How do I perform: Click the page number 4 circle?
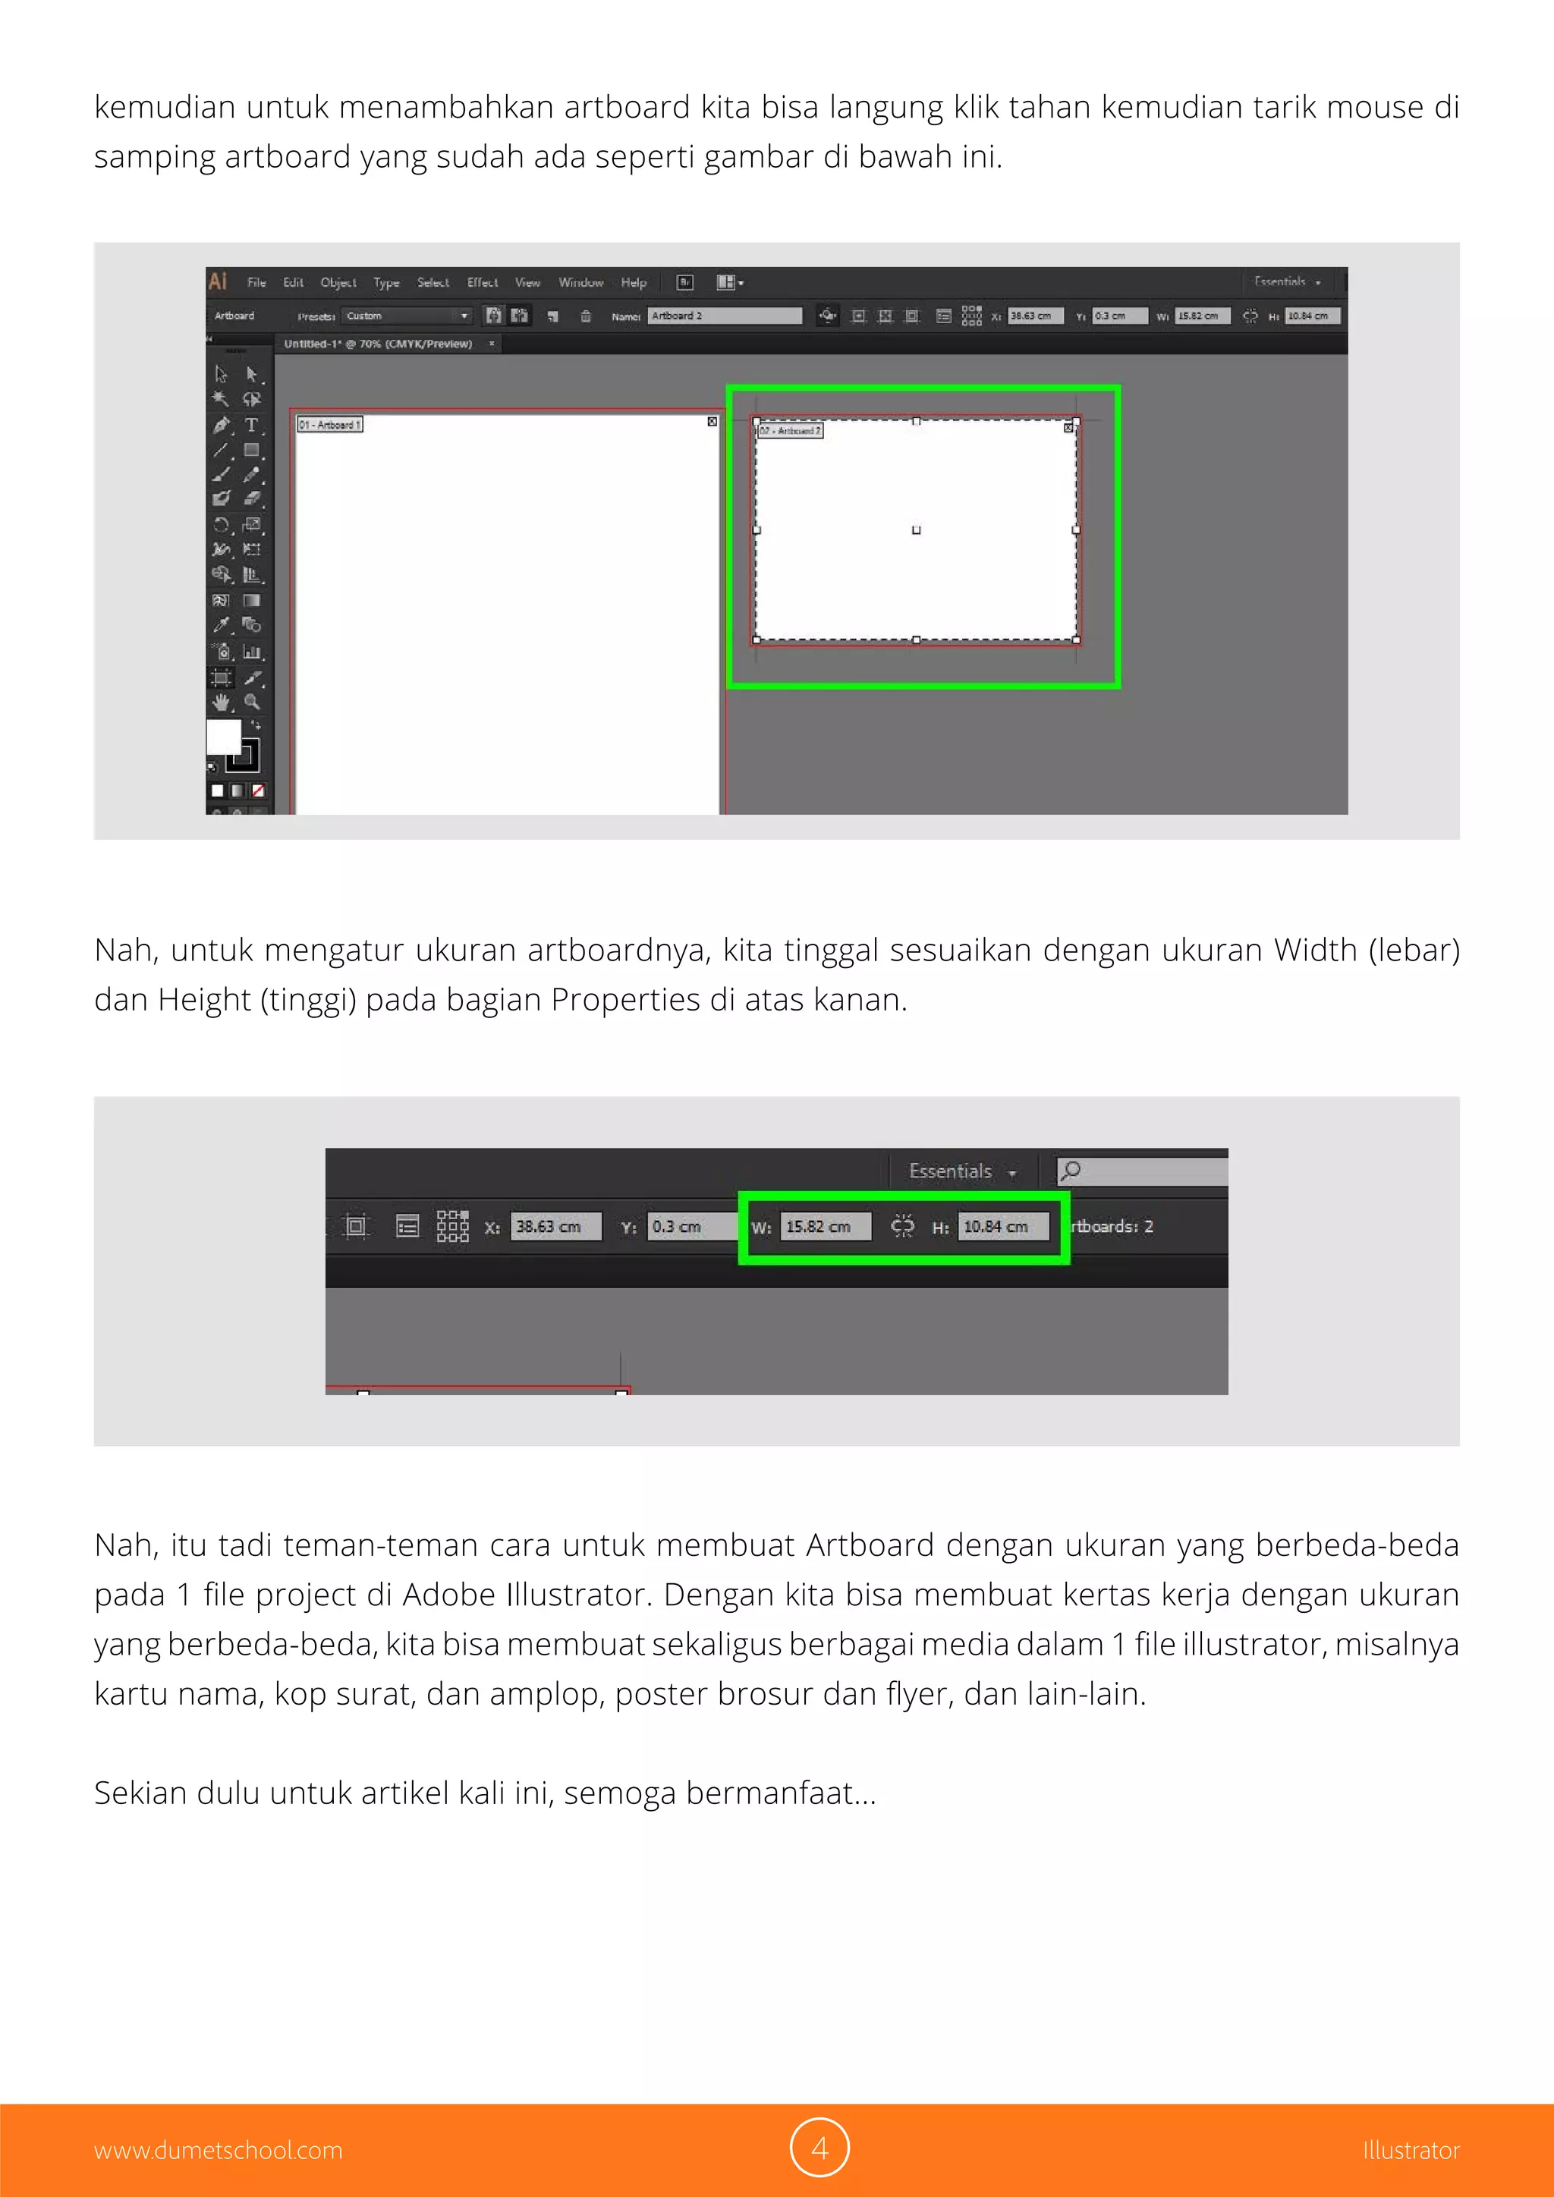tap(819, 2148)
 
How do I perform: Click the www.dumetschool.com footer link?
tap(219, 2150)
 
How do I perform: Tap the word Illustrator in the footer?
tap(1411, 2150)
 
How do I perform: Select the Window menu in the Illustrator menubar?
tap(580, 282)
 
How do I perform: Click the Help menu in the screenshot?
tap(634, 282)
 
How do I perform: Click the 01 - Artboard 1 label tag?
tap(329, 424)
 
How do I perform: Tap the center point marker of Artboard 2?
tap(916, 530)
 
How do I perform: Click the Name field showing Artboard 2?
tap(725, 316)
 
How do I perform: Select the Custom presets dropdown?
tap(407, 316)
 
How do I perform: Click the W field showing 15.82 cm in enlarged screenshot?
tap(825, 1227)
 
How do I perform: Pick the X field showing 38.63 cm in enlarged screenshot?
tap(555, 1227)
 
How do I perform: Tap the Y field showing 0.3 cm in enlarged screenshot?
tap(689, 1227)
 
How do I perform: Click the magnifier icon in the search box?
tap(1071, 1171)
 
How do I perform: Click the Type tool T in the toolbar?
tap(250, 425)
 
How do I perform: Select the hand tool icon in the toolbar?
tap(221, 702)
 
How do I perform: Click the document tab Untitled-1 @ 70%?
tap(378, 344)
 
